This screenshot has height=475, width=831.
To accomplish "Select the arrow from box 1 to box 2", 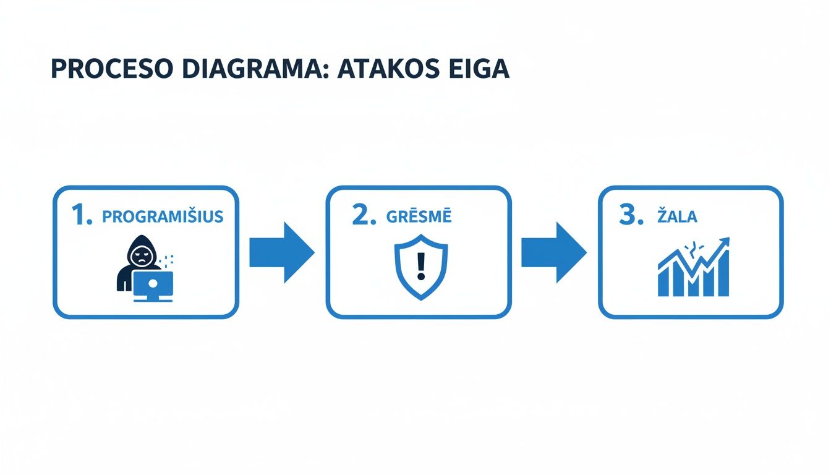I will tap(282, 252).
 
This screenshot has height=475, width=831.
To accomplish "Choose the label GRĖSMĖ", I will tap(420, 217).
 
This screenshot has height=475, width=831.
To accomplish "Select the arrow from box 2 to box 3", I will tap(554, 252).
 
